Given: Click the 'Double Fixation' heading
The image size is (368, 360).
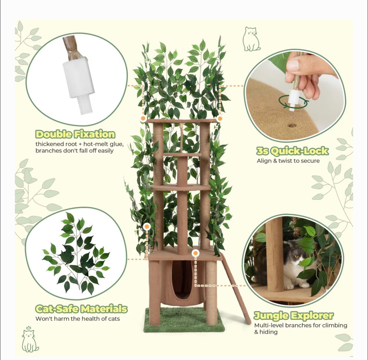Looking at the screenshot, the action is [75, 134].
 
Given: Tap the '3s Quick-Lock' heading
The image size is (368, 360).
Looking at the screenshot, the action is [292, 151].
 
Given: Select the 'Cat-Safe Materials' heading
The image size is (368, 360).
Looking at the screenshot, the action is [81, 309].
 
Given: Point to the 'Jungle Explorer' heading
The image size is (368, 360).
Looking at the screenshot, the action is [294, 315].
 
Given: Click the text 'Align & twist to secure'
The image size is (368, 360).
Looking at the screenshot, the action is [288, 161].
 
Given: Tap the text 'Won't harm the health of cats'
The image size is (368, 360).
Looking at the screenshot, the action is [78, 319].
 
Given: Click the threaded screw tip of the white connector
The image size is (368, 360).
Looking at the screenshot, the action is [83, 106].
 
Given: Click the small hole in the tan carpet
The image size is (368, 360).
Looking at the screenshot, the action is [292, 126].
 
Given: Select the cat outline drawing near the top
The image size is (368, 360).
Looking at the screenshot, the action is [251, 39].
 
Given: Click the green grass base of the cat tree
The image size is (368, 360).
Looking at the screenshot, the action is [184, 320].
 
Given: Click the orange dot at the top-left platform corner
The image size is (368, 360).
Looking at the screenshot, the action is [143, 119].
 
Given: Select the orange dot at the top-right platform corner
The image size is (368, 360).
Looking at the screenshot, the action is [220, 119].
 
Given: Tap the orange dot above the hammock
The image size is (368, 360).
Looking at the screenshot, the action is [195, 253].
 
